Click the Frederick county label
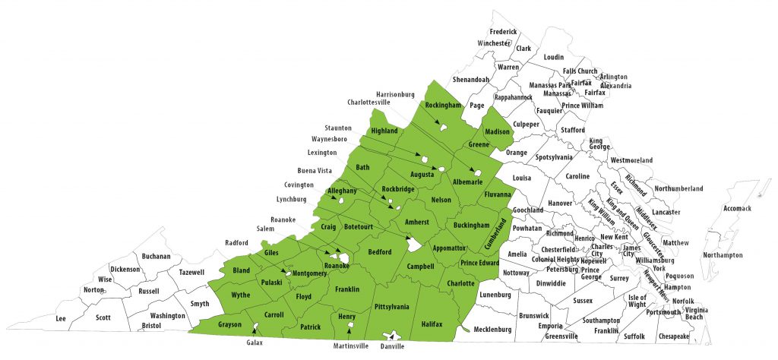point(503,32)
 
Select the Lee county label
point(61,319)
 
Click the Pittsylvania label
point(392,307)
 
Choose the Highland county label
point(384,131)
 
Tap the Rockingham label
point(443,105)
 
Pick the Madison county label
point(497,131)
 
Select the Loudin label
point(554,57)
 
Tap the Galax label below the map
point(255,343)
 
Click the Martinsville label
point(351,346)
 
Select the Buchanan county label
point(156,256)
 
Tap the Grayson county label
point(229,325)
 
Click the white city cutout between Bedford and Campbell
point(411,245)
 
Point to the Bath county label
point(362,167)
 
